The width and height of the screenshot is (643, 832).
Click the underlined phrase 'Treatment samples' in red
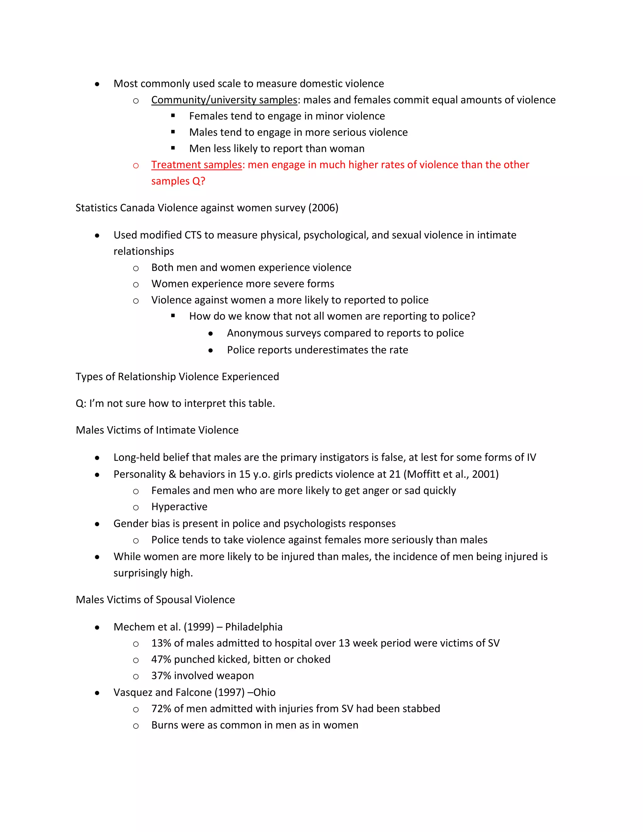197,165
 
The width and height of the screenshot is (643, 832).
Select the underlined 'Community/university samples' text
224,100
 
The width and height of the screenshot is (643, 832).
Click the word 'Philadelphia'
254,627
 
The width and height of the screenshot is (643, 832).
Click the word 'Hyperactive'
179,507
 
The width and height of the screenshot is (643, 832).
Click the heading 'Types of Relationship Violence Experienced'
177,376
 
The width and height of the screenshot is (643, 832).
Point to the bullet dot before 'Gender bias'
97,524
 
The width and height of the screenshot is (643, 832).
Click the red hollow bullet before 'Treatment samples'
136,165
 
